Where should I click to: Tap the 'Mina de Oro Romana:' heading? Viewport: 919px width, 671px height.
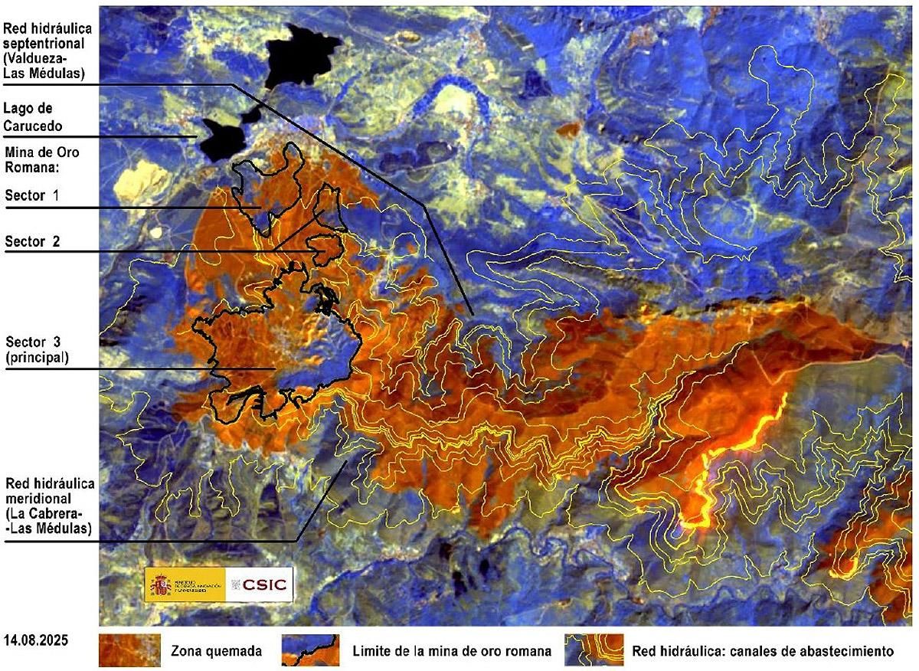tap(42, 159)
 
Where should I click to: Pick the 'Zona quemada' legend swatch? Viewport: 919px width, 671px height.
tap(129, 650)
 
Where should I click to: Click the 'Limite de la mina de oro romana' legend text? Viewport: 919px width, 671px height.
tap(452, 652)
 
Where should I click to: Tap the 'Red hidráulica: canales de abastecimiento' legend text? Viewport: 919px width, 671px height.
tap(763, 652)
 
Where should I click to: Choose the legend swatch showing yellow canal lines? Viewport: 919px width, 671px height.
tap(594, 650)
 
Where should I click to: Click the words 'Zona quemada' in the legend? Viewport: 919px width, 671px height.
tap(216, 652)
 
